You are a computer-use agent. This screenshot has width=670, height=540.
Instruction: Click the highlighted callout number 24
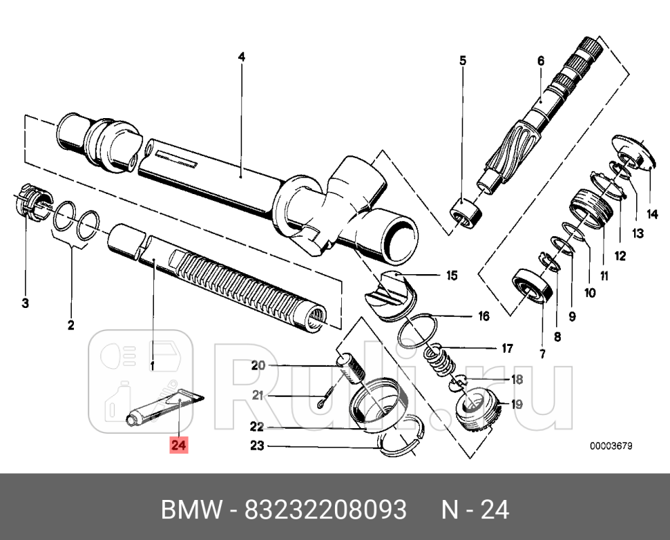pyautogui.click(x=178, y=446)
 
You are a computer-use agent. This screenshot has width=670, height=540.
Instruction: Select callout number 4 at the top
pyautogui.click(x=241, y=57)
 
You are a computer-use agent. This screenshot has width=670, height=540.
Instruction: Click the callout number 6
pyautogui.click(x=541, y=61)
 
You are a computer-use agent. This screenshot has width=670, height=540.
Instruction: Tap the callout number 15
pyautogui.click(x=451, y=276)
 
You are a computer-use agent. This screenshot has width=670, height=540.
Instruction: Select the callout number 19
pyautogui.click(x=517, y=405)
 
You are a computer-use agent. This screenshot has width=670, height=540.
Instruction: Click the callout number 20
pyautogui.click(x=258, y=366)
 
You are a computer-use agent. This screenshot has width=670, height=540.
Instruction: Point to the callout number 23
pyautogui.click(x=258, y=446)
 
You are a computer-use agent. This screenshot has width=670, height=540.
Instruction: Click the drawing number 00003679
pyautogui.click(x=611, y=446)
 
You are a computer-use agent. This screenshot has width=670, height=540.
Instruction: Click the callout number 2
pyautogui.click(x=70, y=325)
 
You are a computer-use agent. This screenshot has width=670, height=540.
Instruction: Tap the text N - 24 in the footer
pyautogui.click(x=475, y=510)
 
